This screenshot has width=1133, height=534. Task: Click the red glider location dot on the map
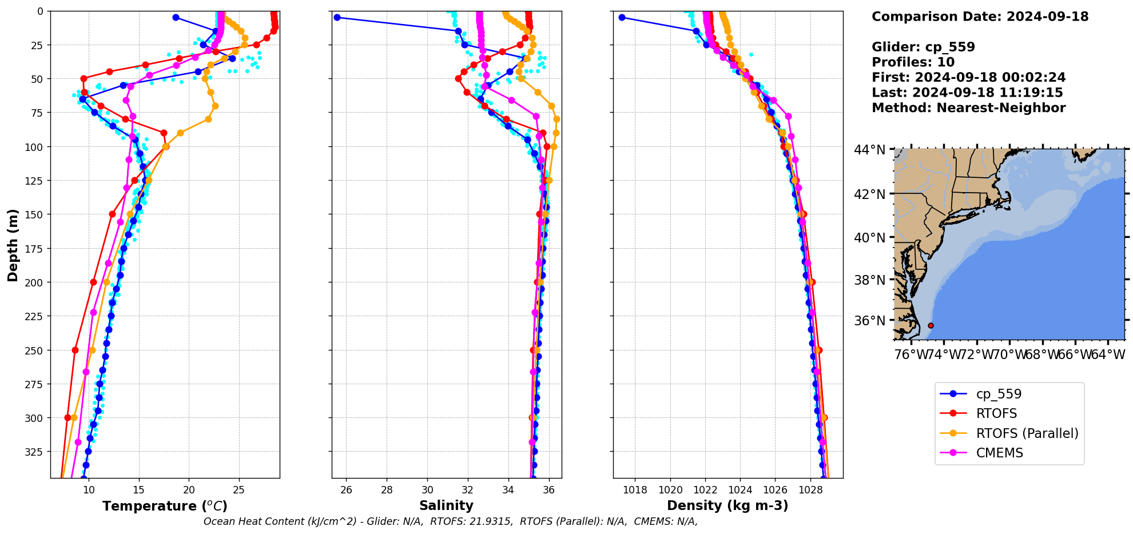931,325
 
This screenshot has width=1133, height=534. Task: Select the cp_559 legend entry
998,394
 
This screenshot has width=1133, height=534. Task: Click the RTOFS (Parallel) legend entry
1027,433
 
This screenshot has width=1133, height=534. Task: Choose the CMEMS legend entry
999,453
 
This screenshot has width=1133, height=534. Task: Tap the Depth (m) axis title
13,245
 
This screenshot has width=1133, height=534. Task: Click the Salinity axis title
446,505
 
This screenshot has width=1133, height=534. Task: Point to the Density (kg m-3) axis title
727,505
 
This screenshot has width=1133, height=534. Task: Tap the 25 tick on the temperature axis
239,489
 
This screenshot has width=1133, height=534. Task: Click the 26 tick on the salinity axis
346,489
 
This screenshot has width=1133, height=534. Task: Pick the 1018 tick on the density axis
635,489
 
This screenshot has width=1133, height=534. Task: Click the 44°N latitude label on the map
869,150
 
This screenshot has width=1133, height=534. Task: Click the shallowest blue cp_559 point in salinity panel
337,17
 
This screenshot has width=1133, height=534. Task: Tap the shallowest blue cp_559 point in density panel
622,17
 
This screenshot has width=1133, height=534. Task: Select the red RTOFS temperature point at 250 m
75,350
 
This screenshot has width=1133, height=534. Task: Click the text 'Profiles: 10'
913,62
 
